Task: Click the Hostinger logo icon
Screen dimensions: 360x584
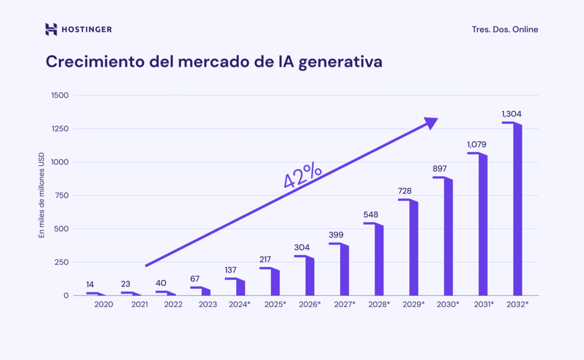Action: click(x=51, y=29)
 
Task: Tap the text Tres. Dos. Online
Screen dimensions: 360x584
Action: click(x=505, y=29)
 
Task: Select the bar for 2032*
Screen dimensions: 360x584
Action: click(x=517, y=211)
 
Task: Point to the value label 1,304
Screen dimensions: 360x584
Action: click(x=512, y=114)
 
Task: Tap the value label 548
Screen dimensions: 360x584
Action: click(x=371, y=215)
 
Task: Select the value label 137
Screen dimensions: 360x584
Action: click(x=232, y=270)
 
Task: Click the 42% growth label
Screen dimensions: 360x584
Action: click(x=302, y=176)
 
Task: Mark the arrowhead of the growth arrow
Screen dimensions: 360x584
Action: click(x=431, y=123)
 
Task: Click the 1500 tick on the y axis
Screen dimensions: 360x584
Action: click(x=59, y=95)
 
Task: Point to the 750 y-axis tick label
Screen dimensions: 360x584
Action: click(x=62, y=196)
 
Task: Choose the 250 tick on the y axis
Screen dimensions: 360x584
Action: click(x=62, y=262)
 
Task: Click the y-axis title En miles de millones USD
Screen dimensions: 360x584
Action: click(x=41, y=196)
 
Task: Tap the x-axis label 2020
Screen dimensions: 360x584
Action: click(x=103, y=305)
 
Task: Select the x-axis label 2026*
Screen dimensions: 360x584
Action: click(x=310, y=305)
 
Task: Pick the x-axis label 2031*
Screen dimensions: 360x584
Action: click(x=483, y=305)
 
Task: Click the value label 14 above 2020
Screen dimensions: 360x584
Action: click(x=90, y=284)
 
